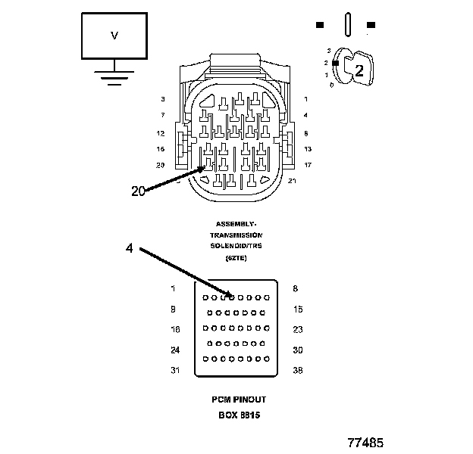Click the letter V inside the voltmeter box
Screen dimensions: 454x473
[114, 36]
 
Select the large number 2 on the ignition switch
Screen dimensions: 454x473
[359, 71]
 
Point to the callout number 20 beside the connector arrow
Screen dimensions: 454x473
[138, 191]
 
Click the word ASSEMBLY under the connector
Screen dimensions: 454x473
[236, 224]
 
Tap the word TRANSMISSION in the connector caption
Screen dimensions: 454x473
[236, 235]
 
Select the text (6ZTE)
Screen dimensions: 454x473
[236, 258]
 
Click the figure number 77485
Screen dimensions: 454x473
[365, 441]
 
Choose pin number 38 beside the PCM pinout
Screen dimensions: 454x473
[297, 370]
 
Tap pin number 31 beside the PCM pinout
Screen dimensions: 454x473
[176, 370]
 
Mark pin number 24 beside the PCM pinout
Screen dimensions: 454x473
[176, 350]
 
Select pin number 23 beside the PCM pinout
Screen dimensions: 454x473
[297, 329]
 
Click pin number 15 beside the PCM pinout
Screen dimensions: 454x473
[297, 309]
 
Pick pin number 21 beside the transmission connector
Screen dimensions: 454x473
[293, 181]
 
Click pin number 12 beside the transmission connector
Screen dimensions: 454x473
[161, 133]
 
